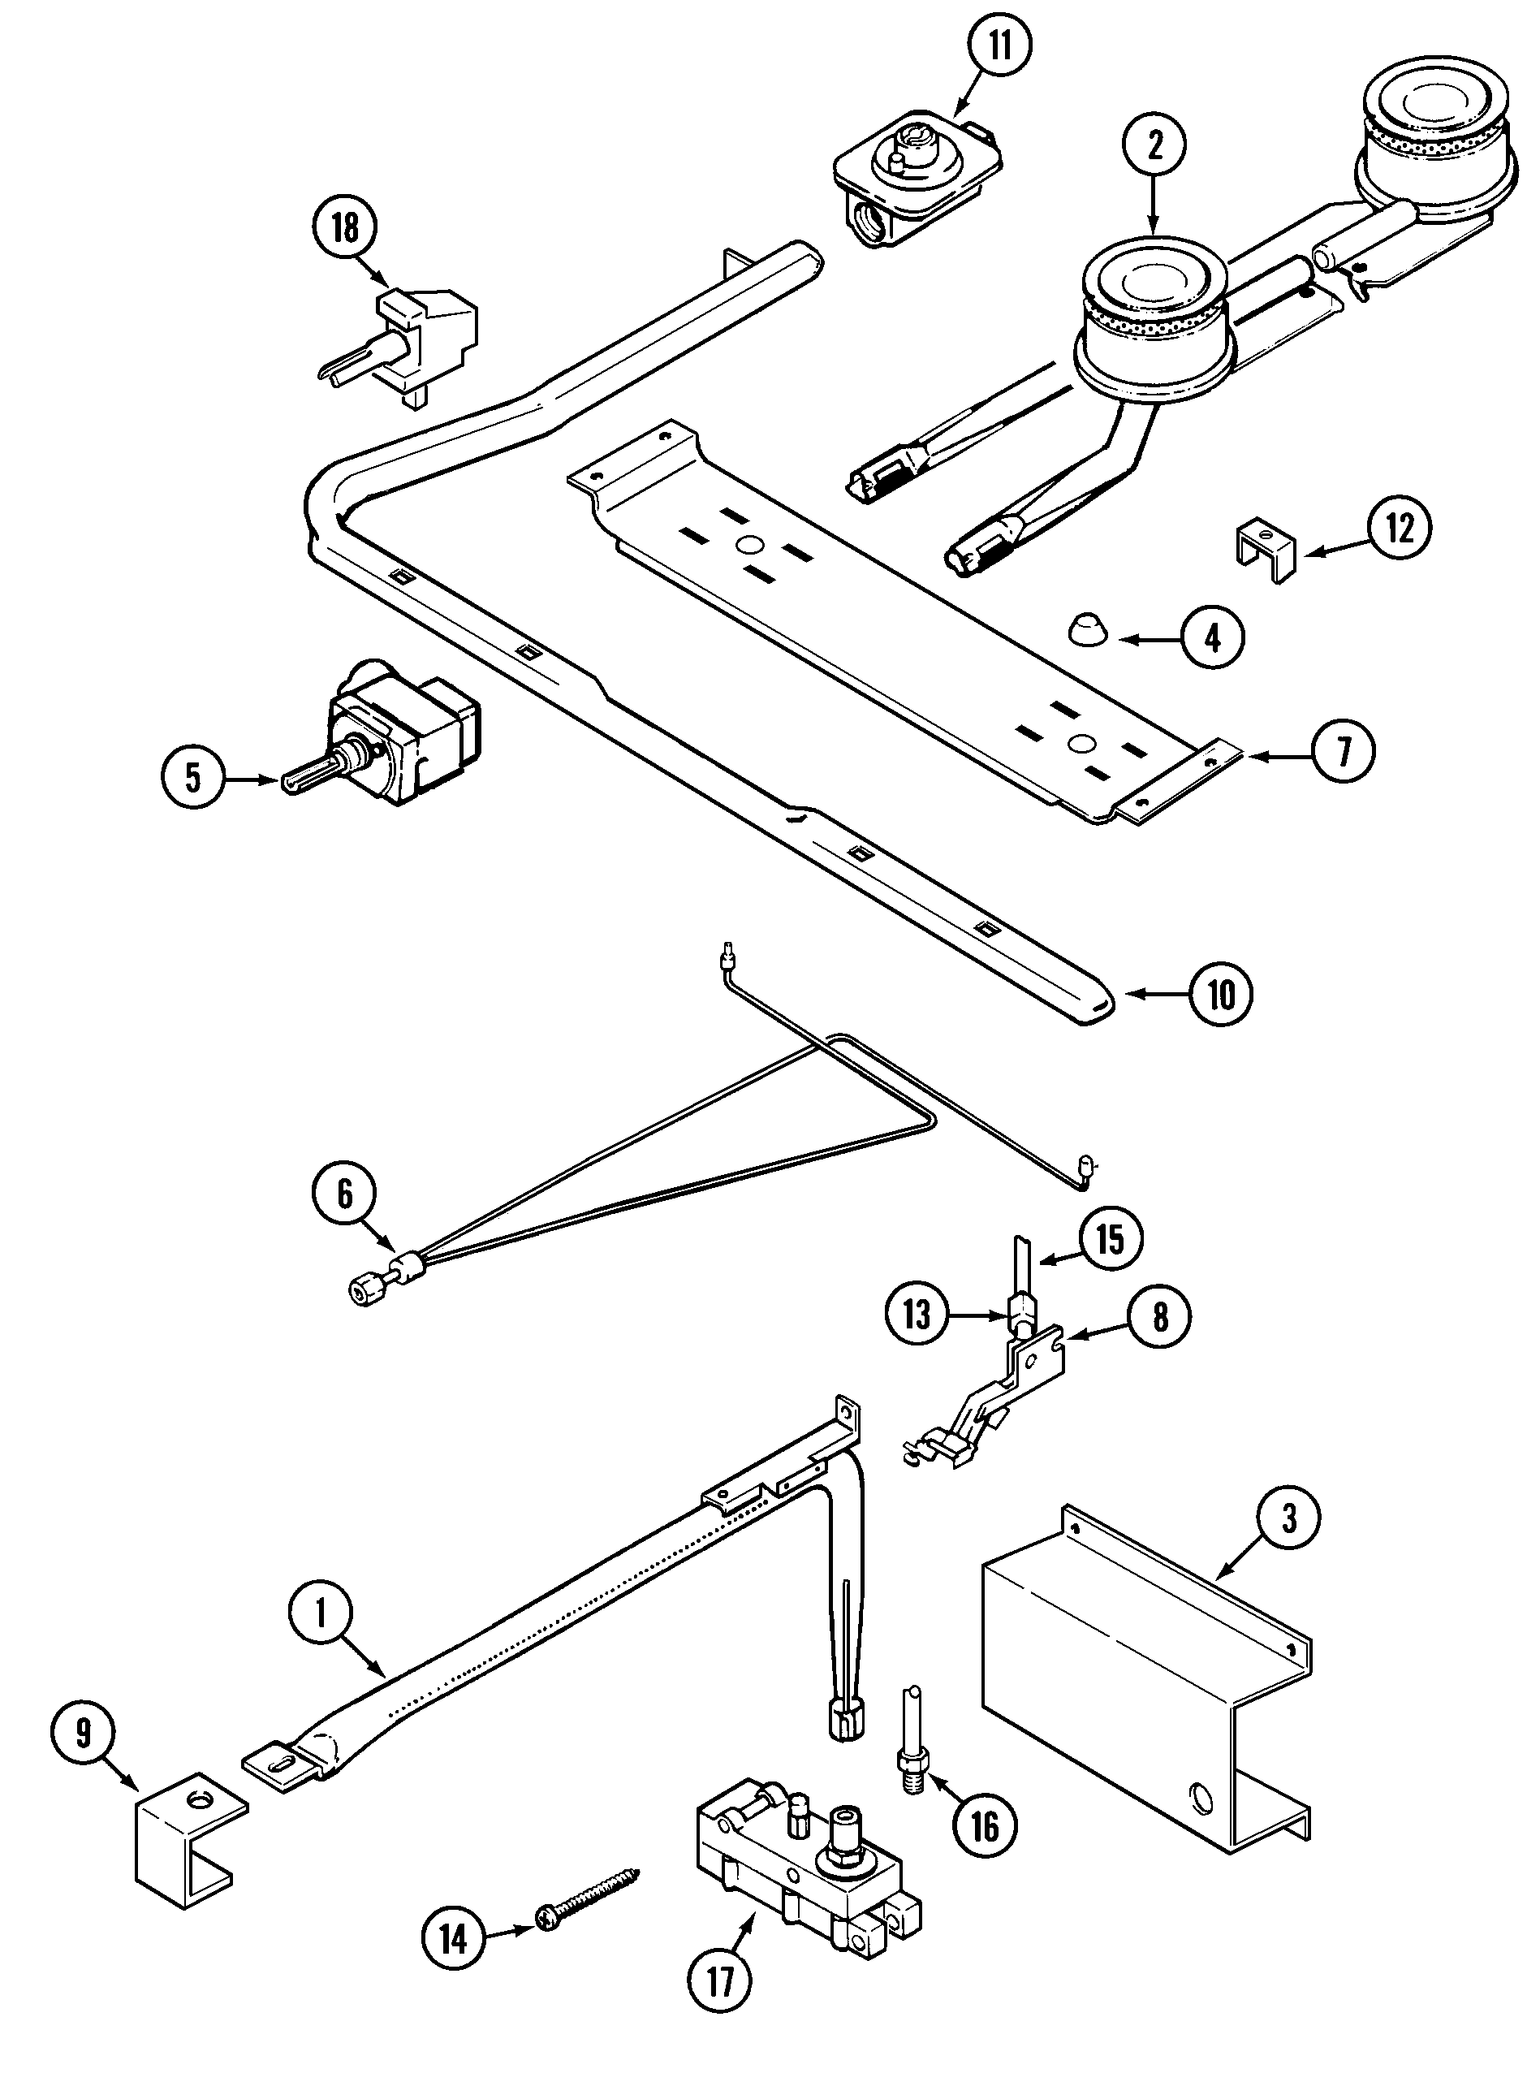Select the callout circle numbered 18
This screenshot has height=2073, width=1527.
pos(346,227)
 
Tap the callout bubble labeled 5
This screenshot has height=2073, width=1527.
pos(192,778)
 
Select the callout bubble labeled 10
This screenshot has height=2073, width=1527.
pos(1222,995)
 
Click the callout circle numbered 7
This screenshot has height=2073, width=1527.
pos(1343,752)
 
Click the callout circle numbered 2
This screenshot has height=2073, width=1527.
pos(1154,147)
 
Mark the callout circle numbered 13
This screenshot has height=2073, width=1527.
pos(917,1314)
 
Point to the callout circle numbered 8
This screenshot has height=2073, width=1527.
pos(1160,1317)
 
